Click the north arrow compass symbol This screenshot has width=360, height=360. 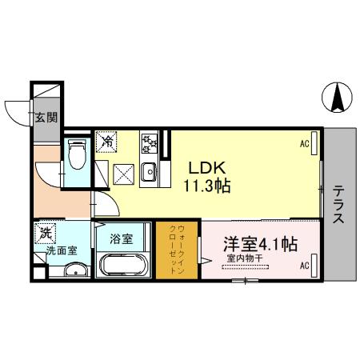(x=337, y=99)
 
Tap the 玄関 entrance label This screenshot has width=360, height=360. (x=45, y=118)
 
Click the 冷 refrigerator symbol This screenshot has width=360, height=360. (x=106, y=142)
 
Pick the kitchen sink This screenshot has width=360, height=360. (x=148, y=170)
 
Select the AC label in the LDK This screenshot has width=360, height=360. (x=305, y=144)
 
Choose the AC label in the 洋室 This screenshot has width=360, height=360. (x=304, y=265)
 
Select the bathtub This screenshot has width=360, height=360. (x=122, y=264)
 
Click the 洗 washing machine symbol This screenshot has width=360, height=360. (x=46, y=234)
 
